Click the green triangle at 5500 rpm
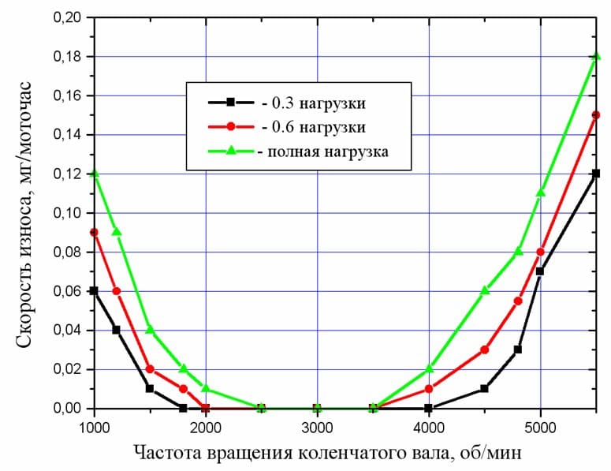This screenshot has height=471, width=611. point(596,57)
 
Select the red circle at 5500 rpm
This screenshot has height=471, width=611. point(596,115)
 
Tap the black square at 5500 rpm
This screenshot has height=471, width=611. point(596,174)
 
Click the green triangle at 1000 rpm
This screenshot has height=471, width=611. point(95,174)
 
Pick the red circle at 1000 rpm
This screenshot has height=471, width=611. point(95,232)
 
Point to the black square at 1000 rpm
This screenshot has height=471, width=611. point(95,290)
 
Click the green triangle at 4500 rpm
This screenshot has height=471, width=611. point(485,290)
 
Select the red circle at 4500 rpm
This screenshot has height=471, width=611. point(485,350)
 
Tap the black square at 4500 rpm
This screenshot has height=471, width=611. point(485,388)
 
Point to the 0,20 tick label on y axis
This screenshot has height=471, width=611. point(66,17)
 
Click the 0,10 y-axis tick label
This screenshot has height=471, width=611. point(66,213)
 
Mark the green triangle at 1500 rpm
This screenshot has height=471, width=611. point(150,330)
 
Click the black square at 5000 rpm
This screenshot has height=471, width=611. point(540,271)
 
